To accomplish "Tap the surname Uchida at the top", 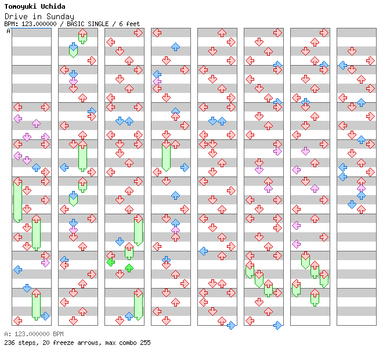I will [x=52, y=7].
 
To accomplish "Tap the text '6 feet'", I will [x=129, y=24].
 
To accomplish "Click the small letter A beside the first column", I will [x=9, y=31].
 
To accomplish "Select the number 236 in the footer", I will [x=9, y=343].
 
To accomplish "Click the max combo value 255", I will [x=145, y=343].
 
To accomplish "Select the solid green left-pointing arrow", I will [x=110, y=262].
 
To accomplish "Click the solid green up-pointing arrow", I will [x=129, y=268].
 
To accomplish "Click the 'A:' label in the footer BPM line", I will [x=7, y=334].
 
